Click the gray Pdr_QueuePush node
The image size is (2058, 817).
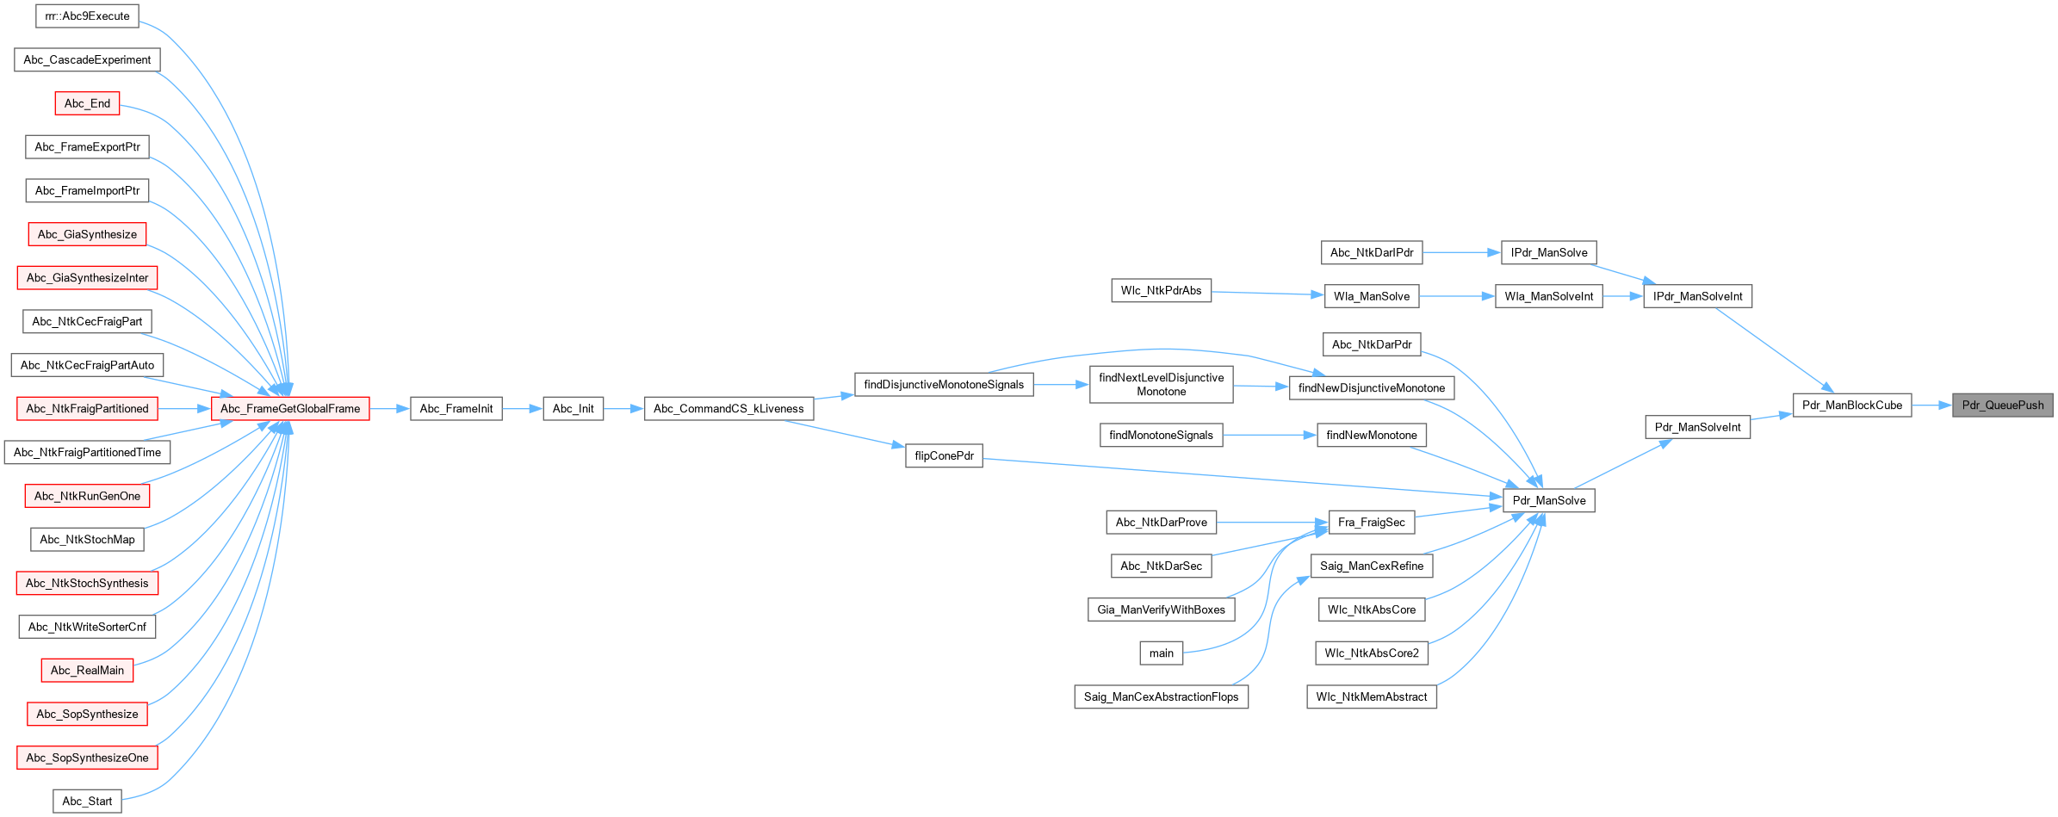coord(2002,405)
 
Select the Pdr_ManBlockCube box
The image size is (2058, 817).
coord(1851,405)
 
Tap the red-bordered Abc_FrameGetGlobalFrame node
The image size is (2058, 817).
coord(290,409)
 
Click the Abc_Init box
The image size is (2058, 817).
coord(573,409)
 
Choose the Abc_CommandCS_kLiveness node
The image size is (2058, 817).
coord(728,409)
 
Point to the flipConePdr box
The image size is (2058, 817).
coord(944,456)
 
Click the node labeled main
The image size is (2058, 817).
coord(1161,653)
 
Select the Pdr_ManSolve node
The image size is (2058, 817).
coord(1548,501)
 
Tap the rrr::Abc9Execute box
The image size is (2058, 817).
coord(87,16)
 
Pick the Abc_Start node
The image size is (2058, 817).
coord(87,802)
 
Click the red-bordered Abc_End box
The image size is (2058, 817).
coord(87,104)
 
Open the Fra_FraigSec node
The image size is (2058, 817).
coord(1371,523)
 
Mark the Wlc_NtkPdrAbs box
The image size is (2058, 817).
coord(1161,291)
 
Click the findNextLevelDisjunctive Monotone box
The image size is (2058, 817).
coord(1161,385)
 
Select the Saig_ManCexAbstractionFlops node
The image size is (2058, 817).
coord(1161,697)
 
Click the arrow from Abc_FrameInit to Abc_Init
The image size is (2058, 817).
coord(523,409)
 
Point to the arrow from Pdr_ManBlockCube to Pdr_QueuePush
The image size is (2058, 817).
coord(1931,405)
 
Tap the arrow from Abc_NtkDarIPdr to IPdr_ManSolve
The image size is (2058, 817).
coord(1461,253)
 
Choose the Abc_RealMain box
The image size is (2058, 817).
coord(87,671)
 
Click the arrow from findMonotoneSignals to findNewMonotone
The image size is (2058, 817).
coord(1269,436)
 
